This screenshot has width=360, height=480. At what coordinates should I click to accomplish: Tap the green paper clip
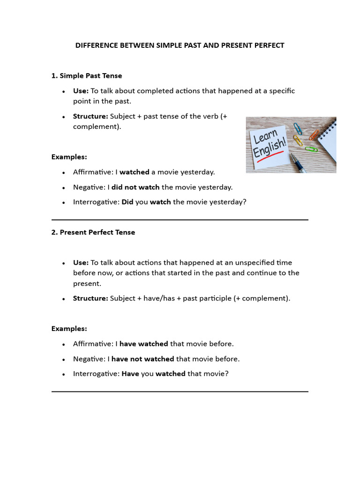point(311,149)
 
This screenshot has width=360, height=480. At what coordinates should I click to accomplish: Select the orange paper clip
point(314,135)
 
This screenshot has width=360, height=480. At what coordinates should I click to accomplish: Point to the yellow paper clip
point(298,140)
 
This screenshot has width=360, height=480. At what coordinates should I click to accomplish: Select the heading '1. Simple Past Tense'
point(86,75)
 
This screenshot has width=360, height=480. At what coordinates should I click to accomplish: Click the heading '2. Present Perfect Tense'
point(93,232)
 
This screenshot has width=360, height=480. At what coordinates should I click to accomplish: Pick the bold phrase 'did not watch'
point(135,187)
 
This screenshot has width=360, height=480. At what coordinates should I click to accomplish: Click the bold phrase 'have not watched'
point(142,359)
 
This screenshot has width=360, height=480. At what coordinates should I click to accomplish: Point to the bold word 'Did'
point(127,202)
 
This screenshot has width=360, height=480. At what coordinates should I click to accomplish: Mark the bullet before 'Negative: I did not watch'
point(63,187)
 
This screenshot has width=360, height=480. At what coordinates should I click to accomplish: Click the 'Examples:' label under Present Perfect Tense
point(69,329)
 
